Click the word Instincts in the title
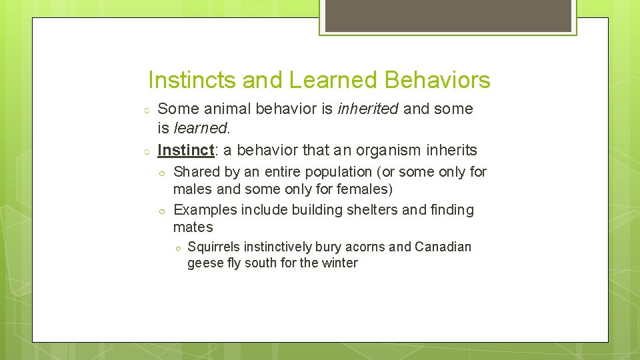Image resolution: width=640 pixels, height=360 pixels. tap(192, 80)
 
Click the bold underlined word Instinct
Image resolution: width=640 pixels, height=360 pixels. tap(186, 150)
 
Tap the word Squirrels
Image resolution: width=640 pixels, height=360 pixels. tap(214, 247)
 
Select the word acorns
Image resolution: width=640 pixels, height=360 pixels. tap(365, 247)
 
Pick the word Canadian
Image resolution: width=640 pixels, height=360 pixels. tap(443, 247)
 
